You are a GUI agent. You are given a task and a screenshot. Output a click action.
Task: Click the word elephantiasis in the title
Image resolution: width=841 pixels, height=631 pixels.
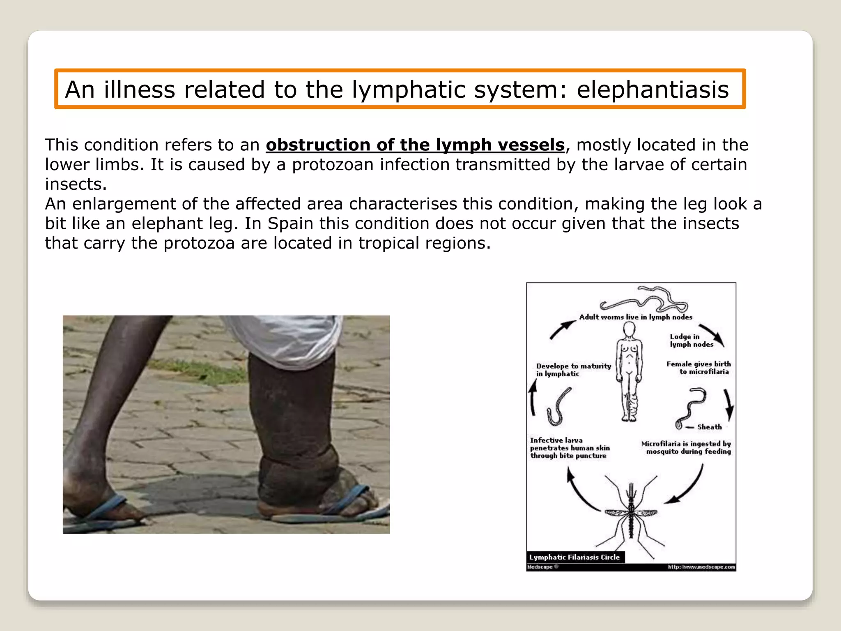coord(653,90)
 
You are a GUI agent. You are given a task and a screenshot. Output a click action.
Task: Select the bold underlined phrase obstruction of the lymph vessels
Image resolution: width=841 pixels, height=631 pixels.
coord(415,145)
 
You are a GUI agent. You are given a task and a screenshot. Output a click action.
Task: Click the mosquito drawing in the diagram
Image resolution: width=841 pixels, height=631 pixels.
coord(631,514)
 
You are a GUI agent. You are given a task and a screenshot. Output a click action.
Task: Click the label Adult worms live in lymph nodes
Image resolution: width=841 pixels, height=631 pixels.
coord(635,317)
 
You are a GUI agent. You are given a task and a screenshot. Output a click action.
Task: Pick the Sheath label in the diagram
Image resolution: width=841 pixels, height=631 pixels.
coord(709,427)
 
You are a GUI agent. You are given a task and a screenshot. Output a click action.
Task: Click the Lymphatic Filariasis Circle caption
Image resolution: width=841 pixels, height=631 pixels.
coord(574,557)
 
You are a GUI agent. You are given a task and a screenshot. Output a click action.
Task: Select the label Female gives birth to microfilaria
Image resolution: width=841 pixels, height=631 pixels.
coord(699,368)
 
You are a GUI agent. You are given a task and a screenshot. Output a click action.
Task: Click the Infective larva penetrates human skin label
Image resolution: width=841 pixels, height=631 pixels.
coord(570,448)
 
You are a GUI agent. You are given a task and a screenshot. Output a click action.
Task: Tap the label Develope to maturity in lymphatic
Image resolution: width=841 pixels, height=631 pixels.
coord(573,370)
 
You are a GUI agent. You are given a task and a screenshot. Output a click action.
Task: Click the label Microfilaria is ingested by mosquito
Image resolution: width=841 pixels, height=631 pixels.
coord(686,448)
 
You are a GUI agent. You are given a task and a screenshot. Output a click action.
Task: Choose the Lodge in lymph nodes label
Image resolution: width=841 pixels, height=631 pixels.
coord(692,341)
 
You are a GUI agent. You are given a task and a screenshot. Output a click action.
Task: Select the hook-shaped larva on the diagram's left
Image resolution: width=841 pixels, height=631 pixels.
coord(558,407)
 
